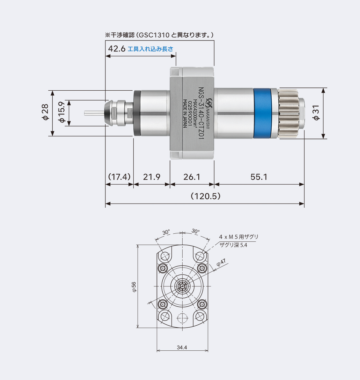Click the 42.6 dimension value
click(116, 49)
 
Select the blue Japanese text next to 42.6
click(150, 49)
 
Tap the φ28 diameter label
click(45, 113)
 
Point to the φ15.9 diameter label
click(61, 113)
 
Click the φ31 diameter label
click(316, 113)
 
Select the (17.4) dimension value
click(119, 177)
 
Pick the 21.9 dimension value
click(151, 177)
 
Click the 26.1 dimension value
click(192, 177)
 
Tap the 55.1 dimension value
click(259, 177)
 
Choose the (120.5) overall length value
click(205, 196)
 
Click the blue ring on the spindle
click(262, 113)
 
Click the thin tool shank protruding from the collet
click(93, 113)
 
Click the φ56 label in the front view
click(134, 286)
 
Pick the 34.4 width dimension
click(182, 348)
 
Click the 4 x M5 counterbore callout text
click(239, 237)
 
